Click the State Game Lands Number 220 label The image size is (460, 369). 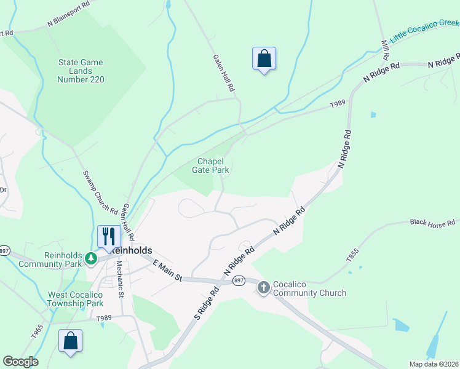[x=81, y=71]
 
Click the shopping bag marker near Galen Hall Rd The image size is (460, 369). [x=264, y=59]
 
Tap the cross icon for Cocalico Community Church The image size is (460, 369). [x=264, y=287]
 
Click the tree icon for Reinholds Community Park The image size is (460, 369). [x=91, y=258]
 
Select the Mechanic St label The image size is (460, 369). [x=122, y=285]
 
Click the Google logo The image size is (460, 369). [x=20, y=362]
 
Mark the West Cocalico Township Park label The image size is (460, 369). [x=76, y=299]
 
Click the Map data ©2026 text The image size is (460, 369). [x=434, y=364]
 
